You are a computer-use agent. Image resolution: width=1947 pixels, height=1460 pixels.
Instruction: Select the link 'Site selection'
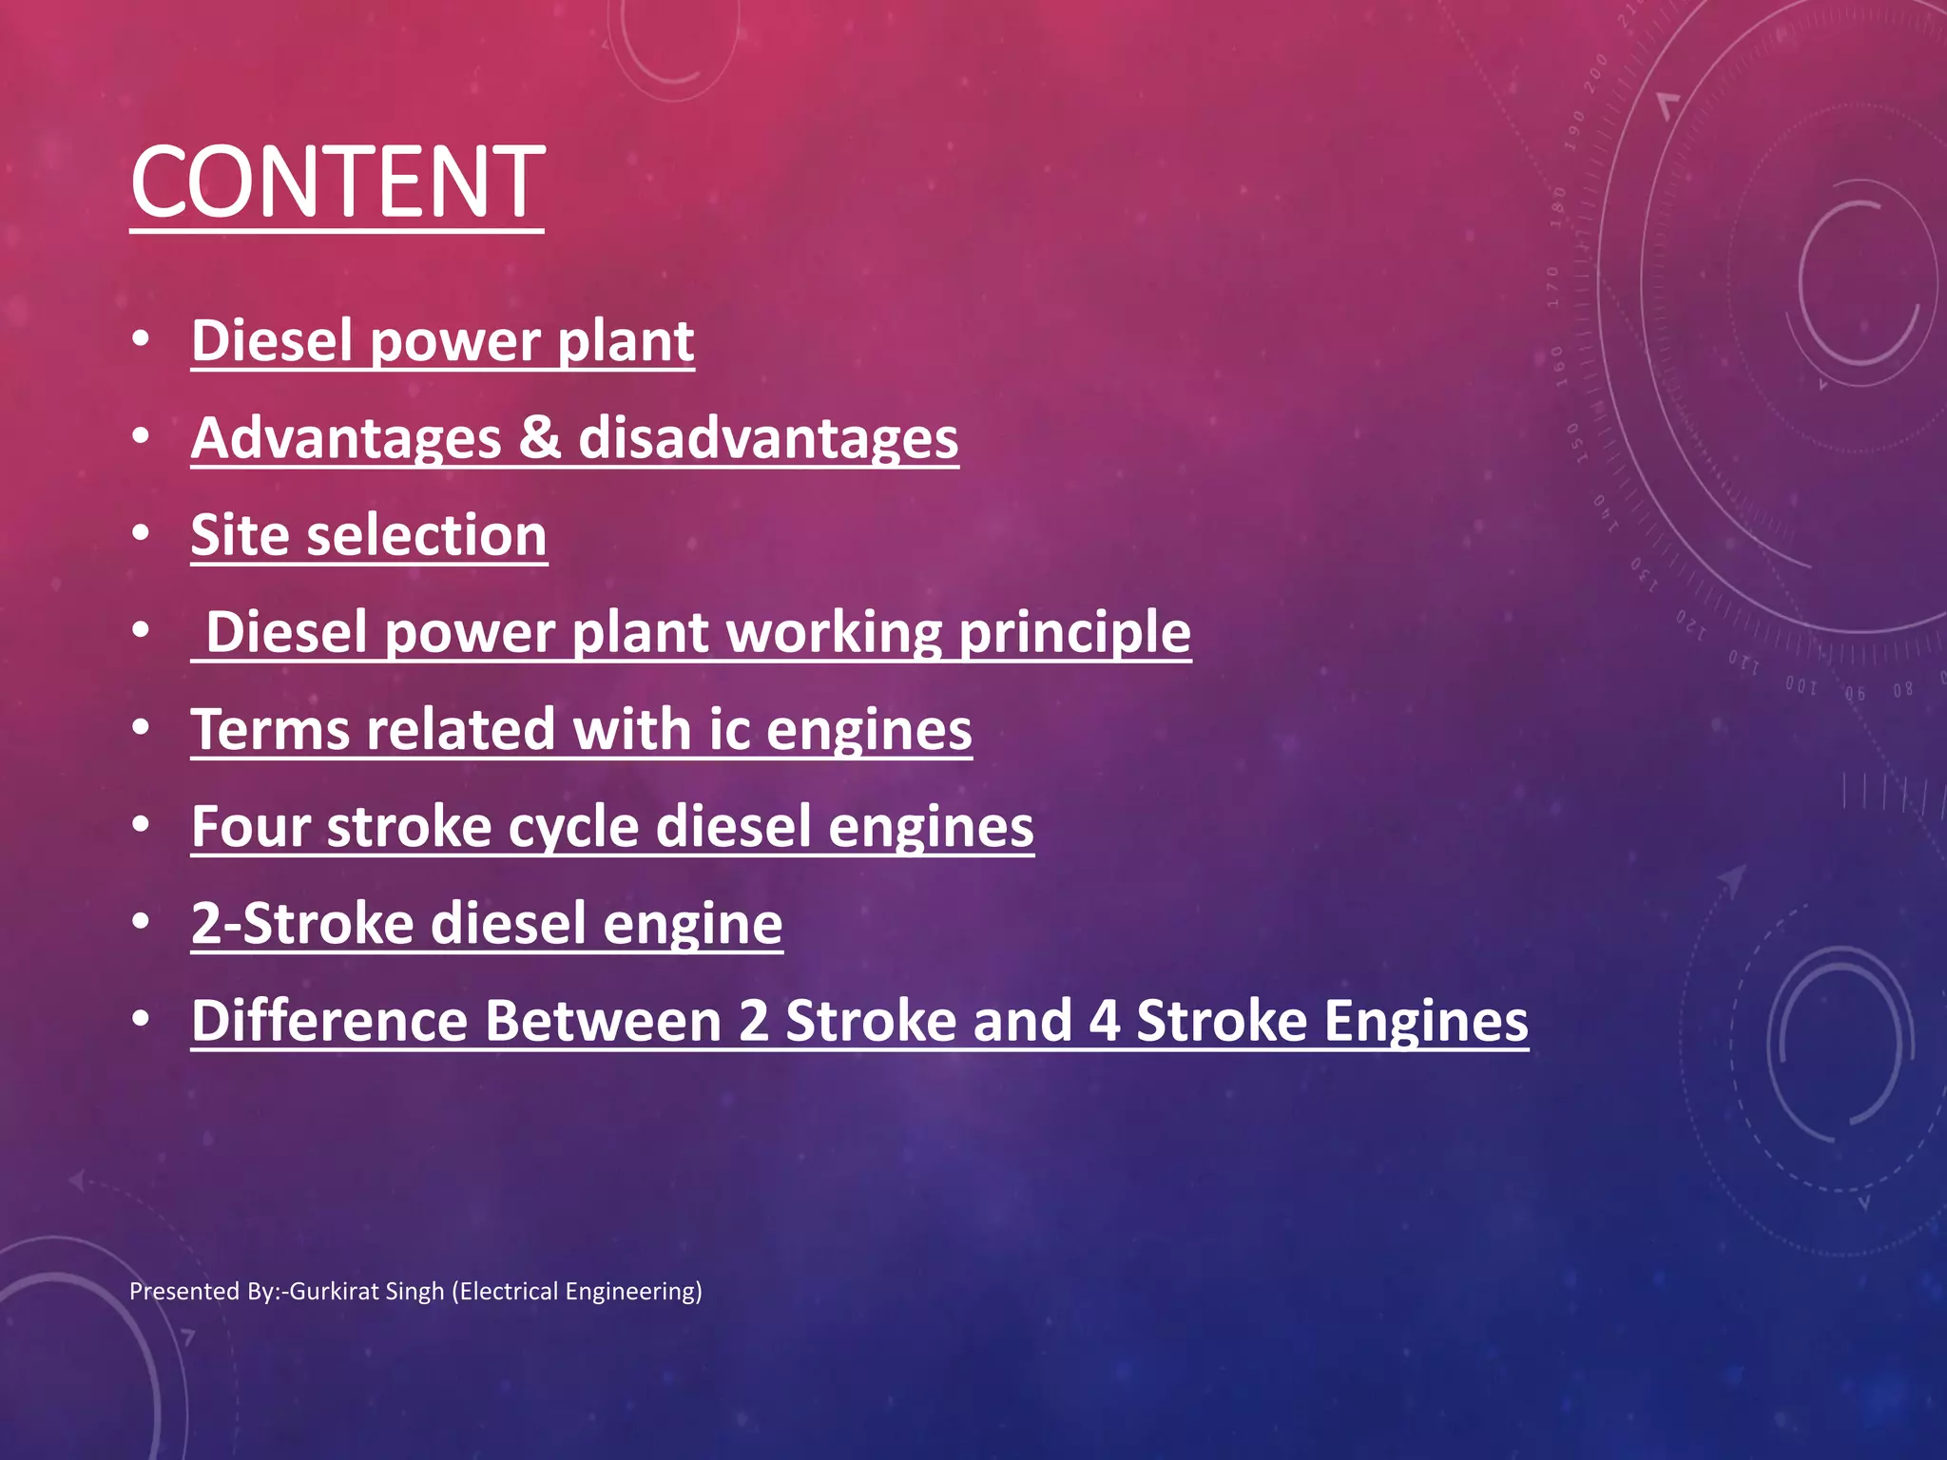pos(369,535)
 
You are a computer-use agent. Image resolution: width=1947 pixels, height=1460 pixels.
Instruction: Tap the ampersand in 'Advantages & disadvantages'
pos(540,438)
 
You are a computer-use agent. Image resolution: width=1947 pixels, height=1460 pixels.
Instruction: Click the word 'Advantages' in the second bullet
pos(346,438)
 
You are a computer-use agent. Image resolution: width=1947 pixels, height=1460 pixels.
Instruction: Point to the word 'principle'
pos(1074,632)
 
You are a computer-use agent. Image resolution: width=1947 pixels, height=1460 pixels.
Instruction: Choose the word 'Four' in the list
pos(251,827)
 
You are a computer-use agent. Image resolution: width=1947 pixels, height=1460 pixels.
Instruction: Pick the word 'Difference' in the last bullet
pos(330,1021)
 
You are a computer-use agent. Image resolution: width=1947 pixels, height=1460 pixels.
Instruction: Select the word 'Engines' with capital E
pos(1426,1021)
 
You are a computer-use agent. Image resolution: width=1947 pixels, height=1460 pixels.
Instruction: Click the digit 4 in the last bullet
pos(1104,1021)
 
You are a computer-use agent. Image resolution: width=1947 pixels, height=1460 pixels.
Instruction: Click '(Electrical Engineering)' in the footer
pos(577,1291)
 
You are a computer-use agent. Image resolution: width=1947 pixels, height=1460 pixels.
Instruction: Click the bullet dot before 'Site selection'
pos(141,533)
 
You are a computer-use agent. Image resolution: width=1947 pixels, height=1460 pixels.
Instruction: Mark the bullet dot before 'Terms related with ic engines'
pos(141,728)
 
